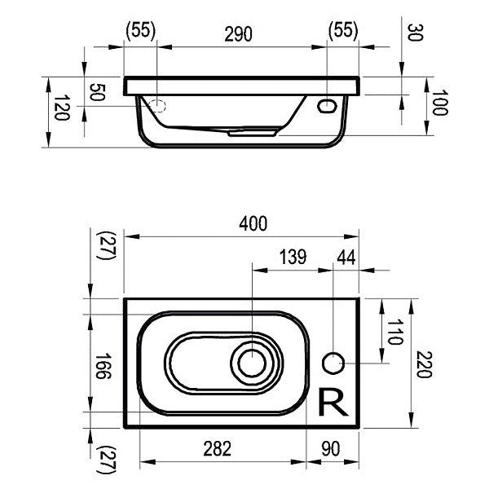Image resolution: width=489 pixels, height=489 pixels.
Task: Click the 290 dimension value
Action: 238,34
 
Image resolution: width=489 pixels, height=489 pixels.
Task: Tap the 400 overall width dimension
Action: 253,223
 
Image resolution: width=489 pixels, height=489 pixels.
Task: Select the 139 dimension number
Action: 293,257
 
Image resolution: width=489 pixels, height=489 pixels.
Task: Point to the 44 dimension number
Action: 346,258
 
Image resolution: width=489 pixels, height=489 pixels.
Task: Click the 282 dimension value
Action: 217,448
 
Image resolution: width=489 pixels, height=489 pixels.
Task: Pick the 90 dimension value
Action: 331,448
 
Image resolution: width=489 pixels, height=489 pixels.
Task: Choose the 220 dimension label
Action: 424,364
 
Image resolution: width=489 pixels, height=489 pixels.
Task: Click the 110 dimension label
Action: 394,332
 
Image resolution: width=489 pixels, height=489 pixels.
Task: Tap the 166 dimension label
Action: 103,365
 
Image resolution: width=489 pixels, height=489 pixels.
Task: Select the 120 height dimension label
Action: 61,108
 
